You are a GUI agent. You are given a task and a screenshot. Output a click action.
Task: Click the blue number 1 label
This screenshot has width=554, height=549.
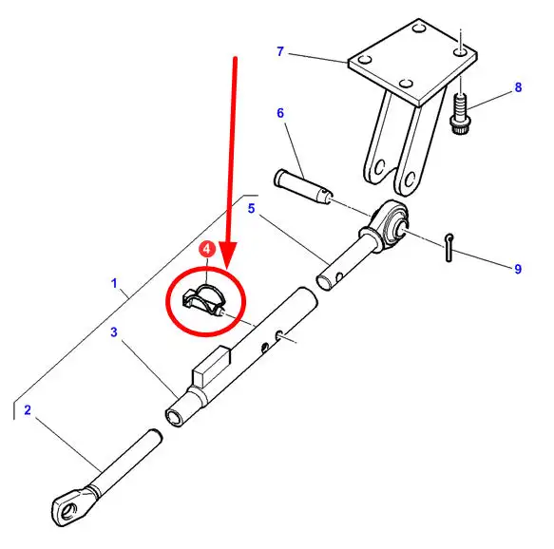click(x=114, y=283)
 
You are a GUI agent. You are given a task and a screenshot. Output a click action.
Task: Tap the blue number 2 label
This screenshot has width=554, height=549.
click(x=28, y=410)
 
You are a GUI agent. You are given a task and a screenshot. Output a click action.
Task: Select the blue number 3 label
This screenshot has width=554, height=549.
click(x=114, y=332)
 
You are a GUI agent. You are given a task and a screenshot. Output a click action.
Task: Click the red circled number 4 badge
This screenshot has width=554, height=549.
click(x=207, y=249)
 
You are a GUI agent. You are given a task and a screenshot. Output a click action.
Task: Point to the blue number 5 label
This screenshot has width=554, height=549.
click(x=251, y=209)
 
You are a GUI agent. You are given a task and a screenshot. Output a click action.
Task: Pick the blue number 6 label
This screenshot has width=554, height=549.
click(x=280, y=113)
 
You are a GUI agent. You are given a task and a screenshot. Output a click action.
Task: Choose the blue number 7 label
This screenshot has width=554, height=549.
click(x=280, y=51)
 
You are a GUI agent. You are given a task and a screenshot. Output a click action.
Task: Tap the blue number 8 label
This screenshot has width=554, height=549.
click(x=518, y=87)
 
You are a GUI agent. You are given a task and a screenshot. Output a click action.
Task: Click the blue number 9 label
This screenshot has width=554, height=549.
click(x=518, y=269)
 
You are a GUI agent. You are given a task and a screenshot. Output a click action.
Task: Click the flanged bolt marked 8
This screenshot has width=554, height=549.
click(x=460, y=114)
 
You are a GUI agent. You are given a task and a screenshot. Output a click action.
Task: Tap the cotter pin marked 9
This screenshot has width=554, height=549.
click(x=449, y=248)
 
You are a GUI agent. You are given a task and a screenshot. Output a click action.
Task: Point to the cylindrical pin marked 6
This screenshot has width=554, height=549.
click(x=303, y=187)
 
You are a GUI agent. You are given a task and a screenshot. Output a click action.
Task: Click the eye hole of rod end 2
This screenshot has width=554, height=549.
click(x=69, y=511)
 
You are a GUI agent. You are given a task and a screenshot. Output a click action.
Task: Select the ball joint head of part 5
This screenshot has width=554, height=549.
click(x=391, y=223)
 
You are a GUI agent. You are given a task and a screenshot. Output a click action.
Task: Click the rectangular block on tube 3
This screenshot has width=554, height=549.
click(x=211, y=366)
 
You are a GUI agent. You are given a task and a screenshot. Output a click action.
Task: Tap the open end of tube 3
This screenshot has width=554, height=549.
click(x=175, y=418)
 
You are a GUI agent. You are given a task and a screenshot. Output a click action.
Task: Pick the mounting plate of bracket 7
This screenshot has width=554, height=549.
click(x=412, y=62)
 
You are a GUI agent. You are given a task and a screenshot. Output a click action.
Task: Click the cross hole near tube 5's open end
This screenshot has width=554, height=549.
click(x=339, y=276)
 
